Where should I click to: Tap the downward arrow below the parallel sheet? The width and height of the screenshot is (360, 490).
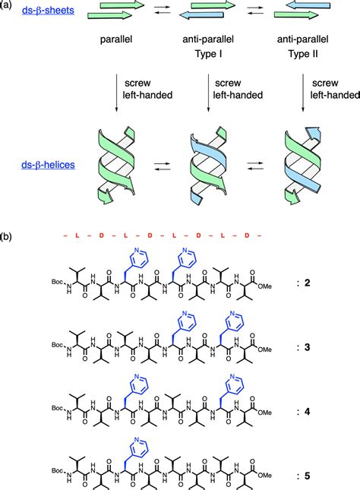pos(117,96)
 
